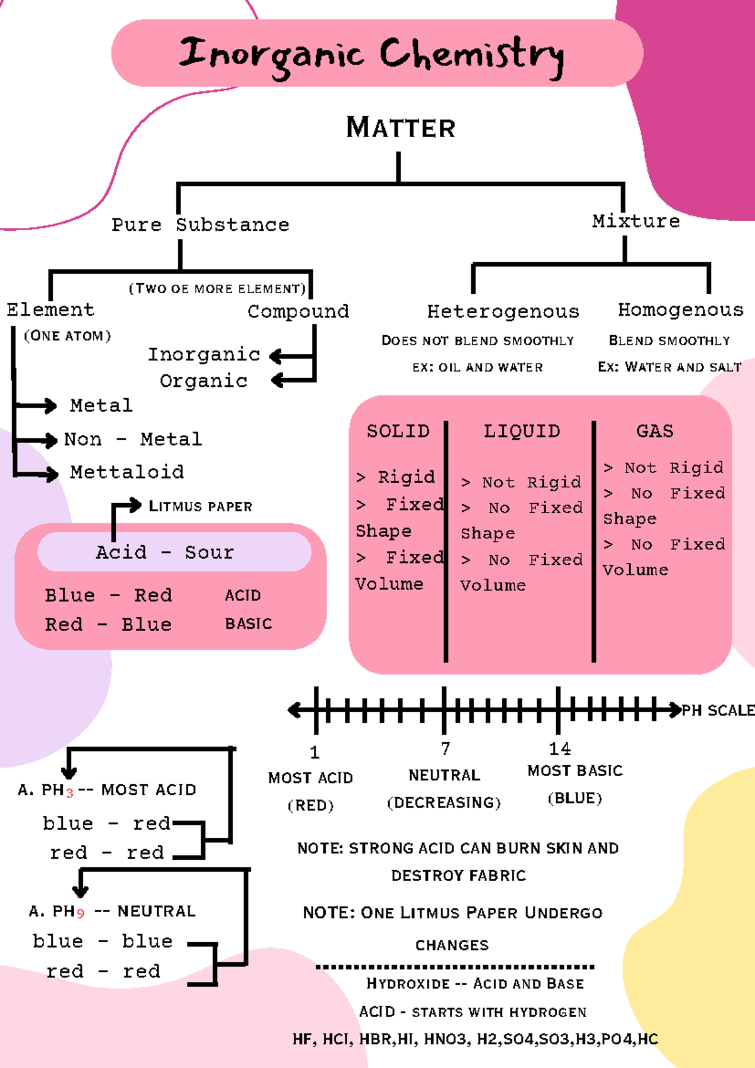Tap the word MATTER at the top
400,128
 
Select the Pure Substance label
200,225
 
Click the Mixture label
635,221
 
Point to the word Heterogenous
503,311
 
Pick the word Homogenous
680,309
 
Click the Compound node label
298,311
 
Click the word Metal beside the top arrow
101,406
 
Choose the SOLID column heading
398,431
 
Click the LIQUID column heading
522,431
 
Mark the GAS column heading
654,431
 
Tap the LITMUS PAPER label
200,506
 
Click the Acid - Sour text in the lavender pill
165,552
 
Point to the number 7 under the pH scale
445,748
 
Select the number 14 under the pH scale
559,748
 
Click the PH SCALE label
718,711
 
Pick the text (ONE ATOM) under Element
67,336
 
